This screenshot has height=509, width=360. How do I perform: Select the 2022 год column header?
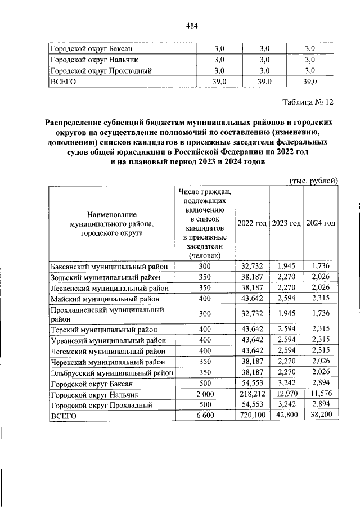tap(252, 223)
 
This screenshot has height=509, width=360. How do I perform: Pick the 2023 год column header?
tap(286, 223)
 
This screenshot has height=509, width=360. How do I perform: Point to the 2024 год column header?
tap(320, 223)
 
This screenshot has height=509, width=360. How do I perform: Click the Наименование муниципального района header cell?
tap(111, 224)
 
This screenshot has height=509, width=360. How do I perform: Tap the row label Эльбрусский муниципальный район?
tap(111, 372)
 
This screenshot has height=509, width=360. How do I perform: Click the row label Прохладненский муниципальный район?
tap(107, 314)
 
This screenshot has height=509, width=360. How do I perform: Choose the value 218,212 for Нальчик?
tap(252, 394)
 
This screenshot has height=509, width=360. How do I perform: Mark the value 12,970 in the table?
tap(286, 394)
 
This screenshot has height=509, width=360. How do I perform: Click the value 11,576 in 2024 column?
tap(320, 394)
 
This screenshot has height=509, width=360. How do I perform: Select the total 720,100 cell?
tap(252, 416)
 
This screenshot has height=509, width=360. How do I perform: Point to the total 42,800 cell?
tap(286, 416)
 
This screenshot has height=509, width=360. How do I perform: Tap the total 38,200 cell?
tap(320, 416)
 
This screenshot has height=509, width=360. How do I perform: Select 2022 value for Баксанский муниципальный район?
tap(252, 266)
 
